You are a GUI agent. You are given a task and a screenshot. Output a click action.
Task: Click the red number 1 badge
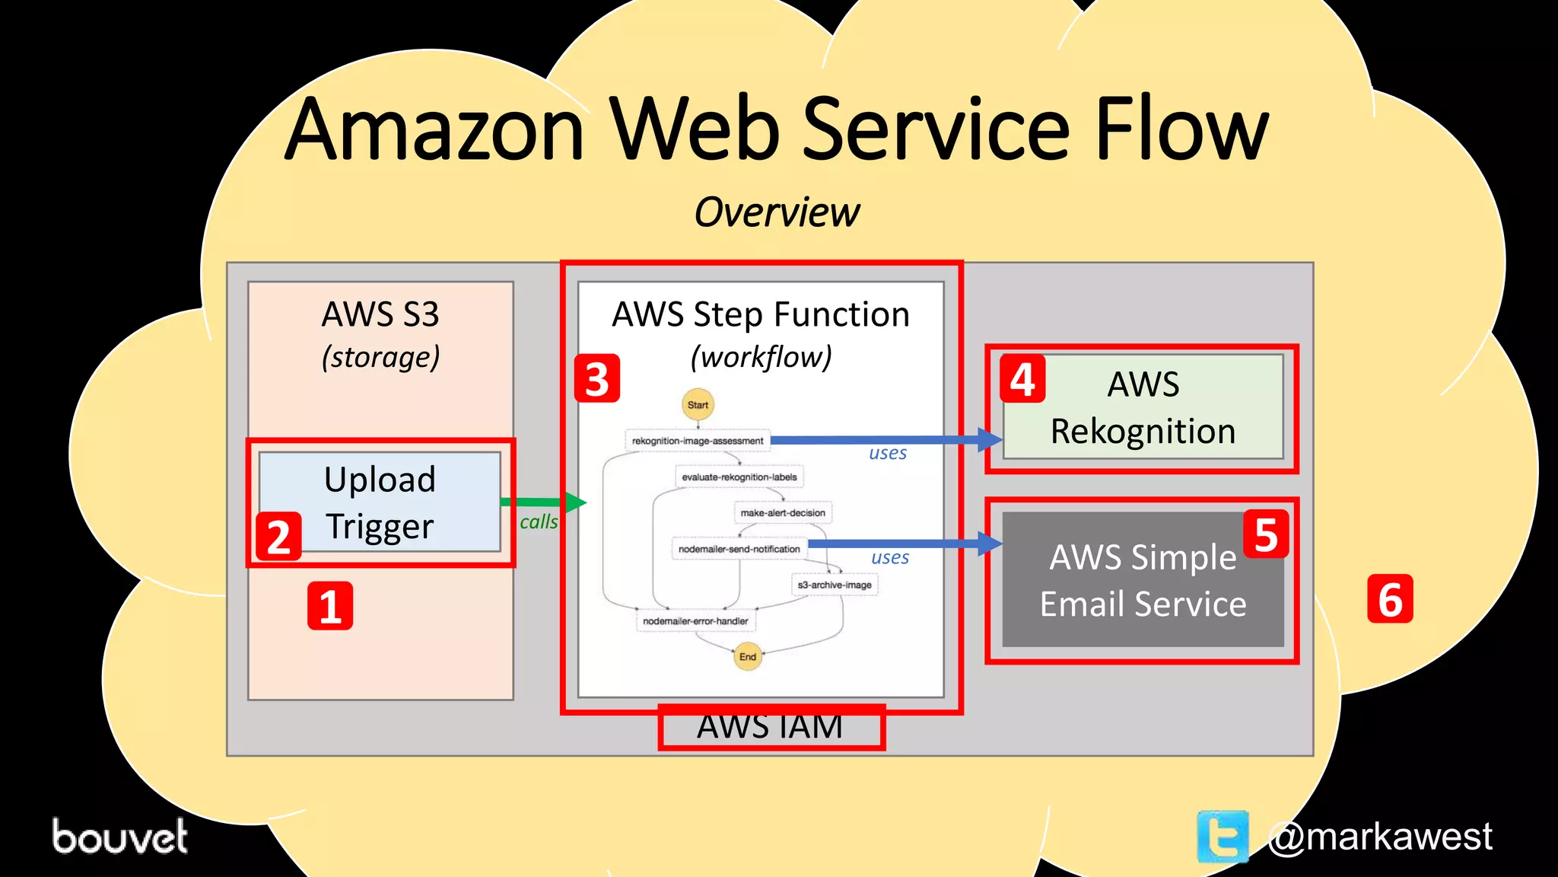pyautogui.click(x=330, y=606)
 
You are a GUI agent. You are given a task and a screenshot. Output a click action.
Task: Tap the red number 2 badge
pyautogui.click(x=278, y=536)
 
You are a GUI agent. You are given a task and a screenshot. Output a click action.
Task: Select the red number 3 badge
pyautogui.click(x=597, y=378)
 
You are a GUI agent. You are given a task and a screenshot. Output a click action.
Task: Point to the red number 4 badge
pyautogui.click(x=1022, y=378)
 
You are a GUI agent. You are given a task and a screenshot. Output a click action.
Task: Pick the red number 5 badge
pyautogui.click(x=1266, y=534)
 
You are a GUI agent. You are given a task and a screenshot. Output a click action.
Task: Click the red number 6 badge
pyautogui.click(x=1390, y=599)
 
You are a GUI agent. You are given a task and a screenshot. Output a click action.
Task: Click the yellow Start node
pyautogui.click(x=698, y=405)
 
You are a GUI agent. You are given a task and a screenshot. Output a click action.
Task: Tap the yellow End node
pyautogui.click(x=748, y=656)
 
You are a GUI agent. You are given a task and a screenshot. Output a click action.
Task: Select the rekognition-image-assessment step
pyautogui.click(x=698, y=441)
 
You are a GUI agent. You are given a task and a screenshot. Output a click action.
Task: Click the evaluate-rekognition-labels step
pyautogui.click(x=739, y=477)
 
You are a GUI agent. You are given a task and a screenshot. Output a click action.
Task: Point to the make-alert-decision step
pyautogui.click(x=783, y=513)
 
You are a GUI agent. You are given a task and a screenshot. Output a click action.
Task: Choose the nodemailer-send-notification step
pyautogui.click(x=739, y=549)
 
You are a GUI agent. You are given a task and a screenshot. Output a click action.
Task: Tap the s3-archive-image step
pyautogui.click(x=835, y=585)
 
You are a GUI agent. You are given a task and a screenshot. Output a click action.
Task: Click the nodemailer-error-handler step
pyautogui.click(x=695, y=621)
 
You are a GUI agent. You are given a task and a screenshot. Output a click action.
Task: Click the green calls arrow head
pyautogui.click(x=576, y=502)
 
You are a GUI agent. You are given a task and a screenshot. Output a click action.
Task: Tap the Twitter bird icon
pyautogui.click(x=1223, y=836)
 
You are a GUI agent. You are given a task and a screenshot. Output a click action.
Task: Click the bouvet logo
pyautogui.click(x=119, y=836)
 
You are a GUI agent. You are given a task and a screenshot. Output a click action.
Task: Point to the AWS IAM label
pyautogui.click(x=770, y=727)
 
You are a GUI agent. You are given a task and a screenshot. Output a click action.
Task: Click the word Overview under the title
pyautogui.click(x=777, y=212)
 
